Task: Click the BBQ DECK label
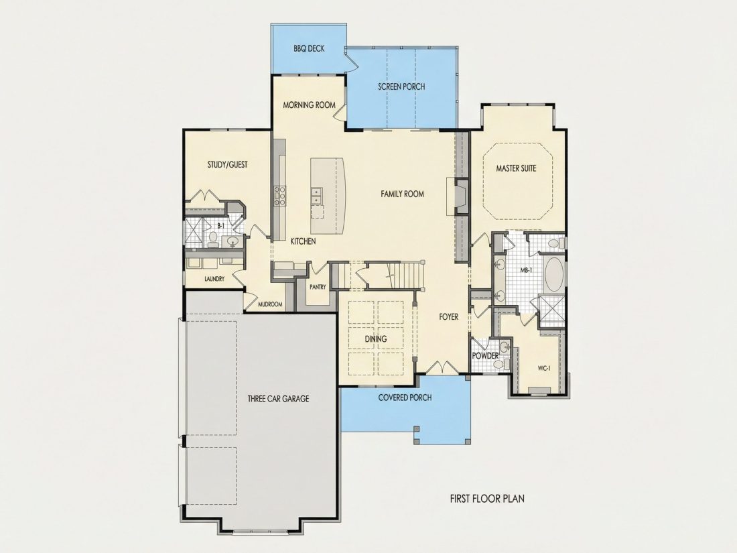309,48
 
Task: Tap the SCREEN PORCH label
401,86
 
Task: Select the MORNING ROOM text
310,105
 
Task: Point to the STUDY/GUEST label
228,165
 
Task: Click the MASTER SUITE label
516,168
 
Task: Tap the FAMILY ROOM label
403,194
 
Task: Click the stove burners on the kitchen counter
280,196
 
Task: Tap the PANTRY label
318,287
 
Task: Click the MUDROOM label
270,304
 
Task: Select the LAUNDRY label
214,279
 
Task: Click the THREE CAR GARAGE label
278,399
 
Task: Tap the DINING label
376,339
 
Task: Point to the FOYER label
449,317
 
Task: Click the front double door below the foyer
442,368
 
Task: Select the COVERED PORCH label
405,397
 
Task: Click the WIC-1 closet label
543,369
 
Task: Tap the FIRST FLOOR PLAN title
487,499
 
